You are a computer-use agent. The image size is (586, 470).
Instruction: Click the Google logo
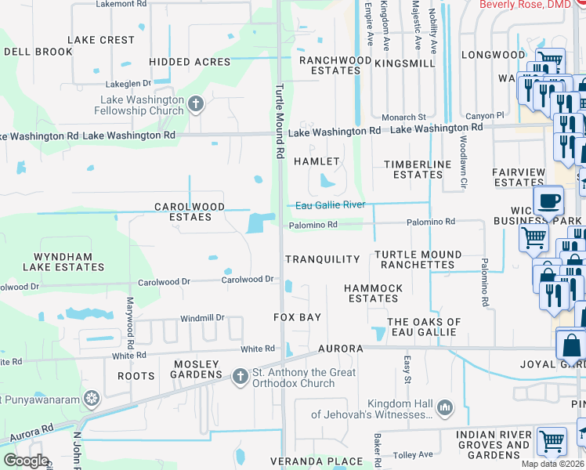[26, 461]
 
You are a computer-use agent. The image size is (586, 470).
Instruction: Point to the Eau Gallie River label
[330, 205]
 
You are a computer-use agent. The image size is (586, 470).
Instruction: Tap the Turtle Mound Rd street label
[278, 121]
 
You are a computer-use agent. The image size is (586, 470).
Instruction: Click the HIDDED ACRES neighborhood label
[190, 62]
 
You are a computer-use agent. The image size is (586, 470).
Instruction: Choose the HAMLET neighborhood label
[317, 161]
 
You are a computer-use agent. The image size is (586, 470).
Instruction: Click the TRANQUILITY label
[322, 259]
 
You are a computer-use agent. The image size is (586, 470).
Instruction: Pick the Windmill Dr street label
[202, 318]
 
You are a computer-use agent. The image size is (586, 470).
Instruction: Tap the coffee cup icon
[549, 201]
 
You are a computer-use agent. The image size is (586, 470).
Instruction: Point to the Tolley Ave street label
[414, 454]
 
